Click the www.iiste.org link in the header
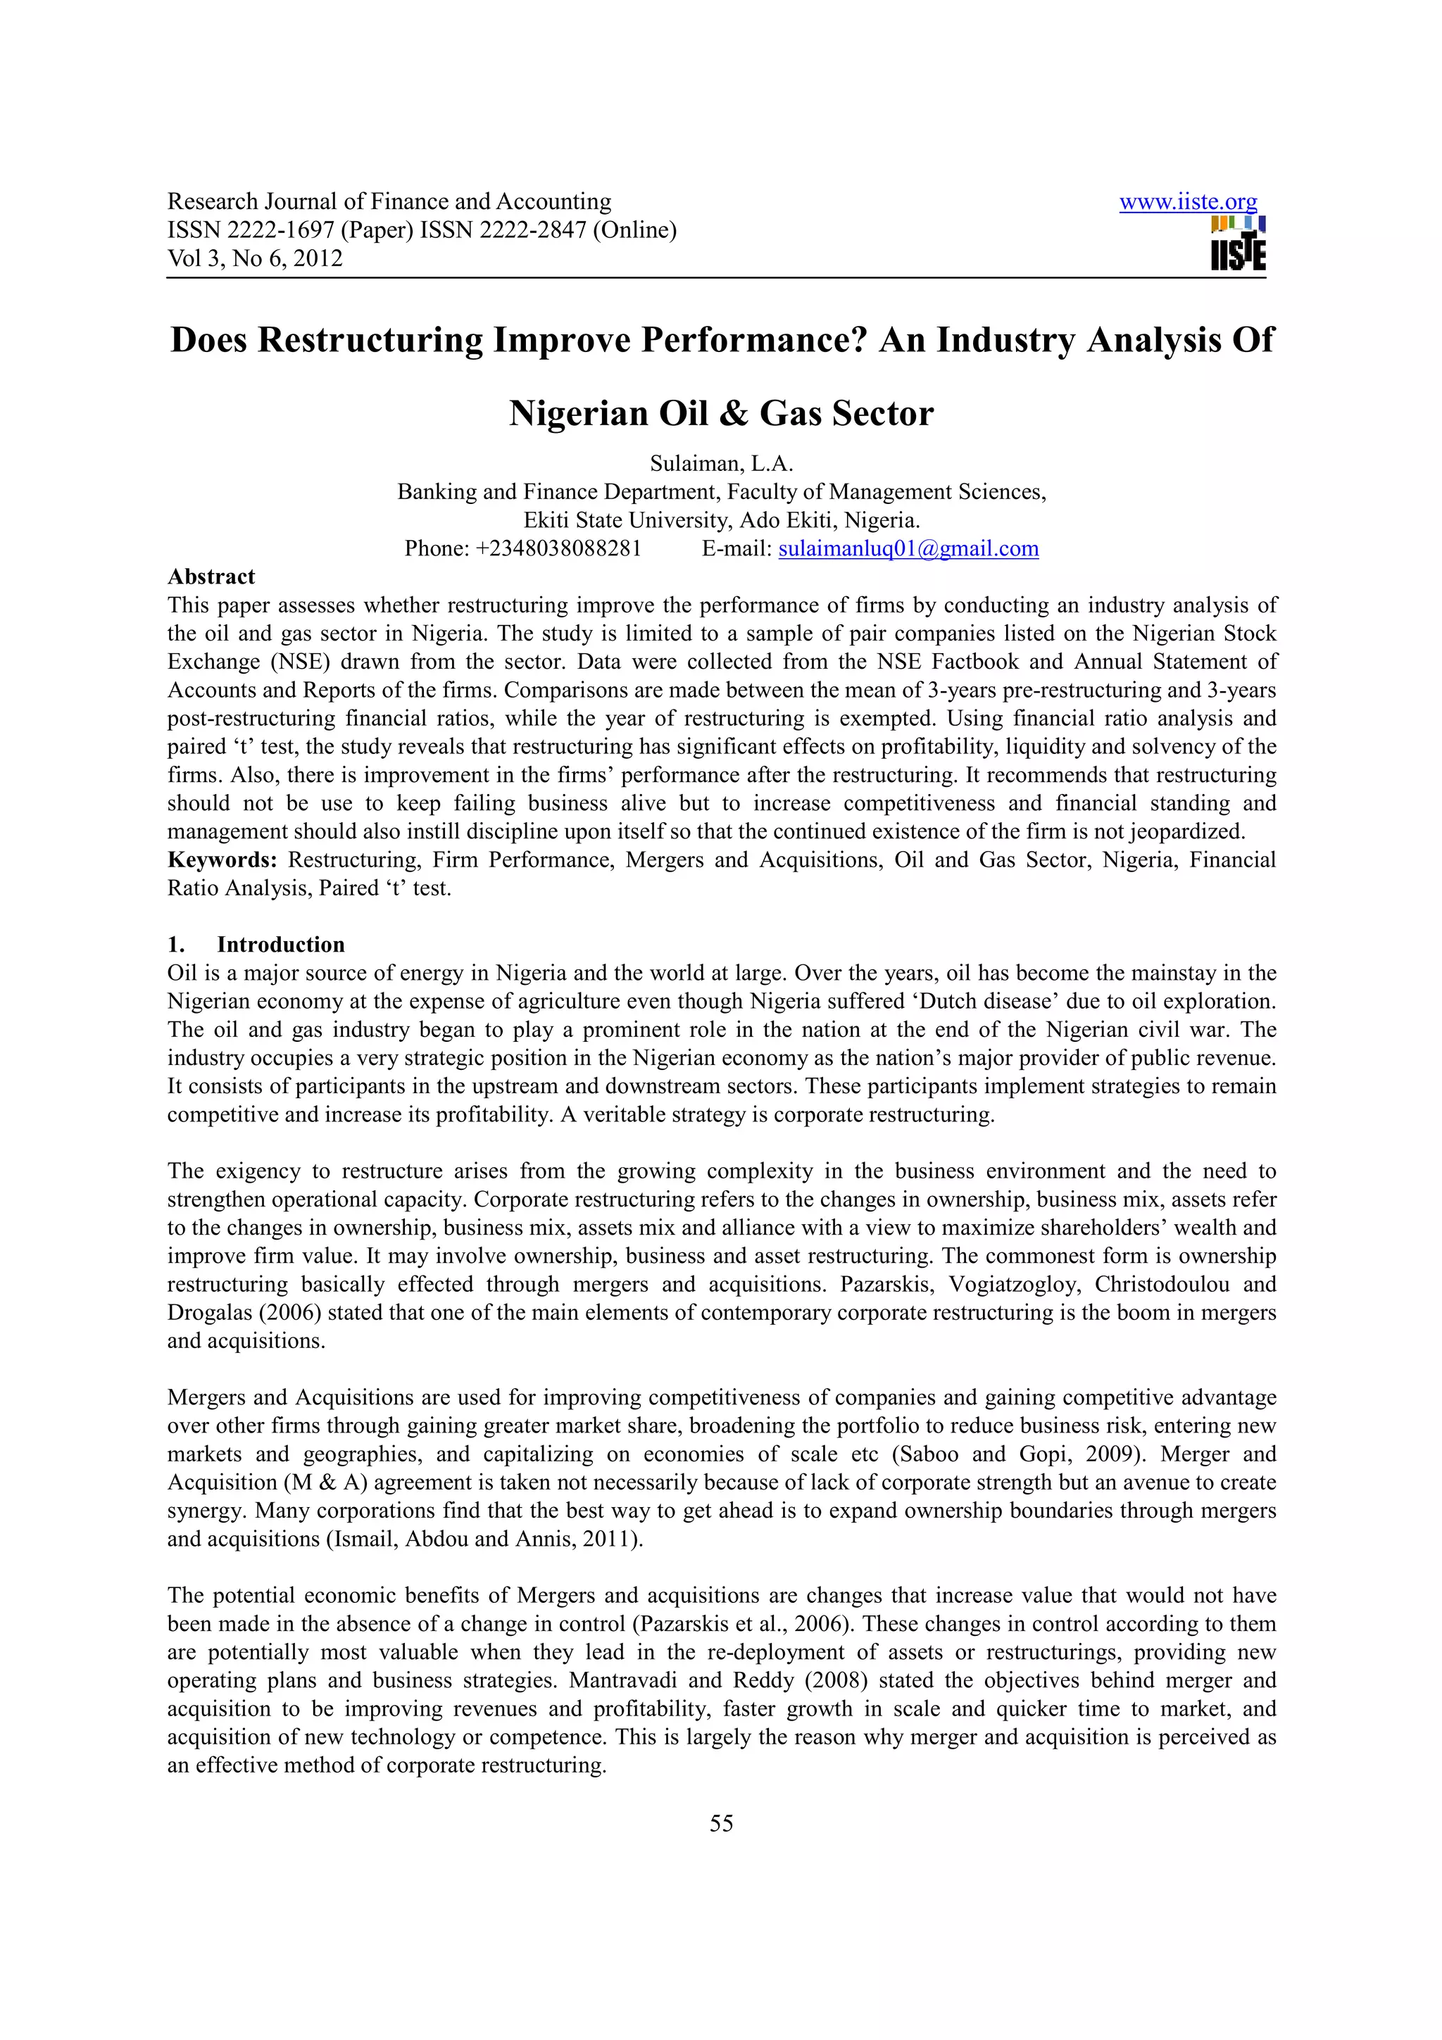click(1187, 202)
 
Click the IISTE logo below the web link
click(1238, 244)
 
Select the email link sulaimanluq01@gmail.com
click(908, 548)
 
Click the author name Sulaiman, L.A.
click(720, 463)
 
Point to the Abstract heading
click(211, 577)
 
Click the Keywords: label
click(223, 860)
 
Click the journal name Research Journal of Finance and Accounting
click(389, 202)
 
